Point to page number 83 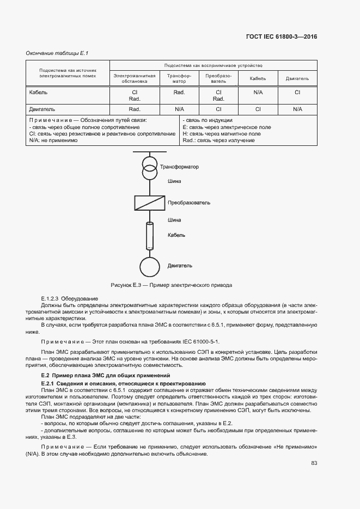(x=314, y=463)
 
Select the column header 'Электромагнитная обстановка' (x=135, y=78)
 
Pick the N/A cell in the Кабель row (x=258, y=93)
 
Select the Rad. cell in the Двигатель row (x=135, y=109)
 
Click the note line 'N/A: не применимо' (x=53, y=140)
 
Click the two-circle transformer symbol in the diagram (x=148, y=167)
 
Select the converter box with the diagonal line (x=149, y=203)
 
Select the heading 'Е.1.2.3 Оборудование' (x=70, y=299)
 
